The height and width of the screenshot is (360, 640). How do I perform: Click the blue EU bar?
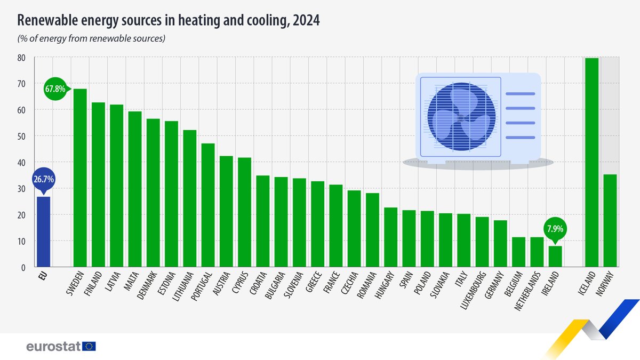click(x=43, y=231)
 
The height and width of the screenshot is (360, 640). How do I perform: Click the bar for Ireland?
click(x=555, y=256)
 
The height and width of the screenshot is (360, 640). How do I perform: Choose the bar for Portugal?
click(x=208, y=205)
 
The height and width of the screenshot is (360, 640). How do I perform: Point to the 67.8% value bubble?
click(x=55, y=89)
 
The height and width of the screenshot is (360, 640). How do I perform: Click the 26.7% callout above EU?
click(x=43, y=180)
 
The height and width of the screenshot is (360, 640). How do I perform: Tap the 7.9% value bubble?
click(x=555, y=229)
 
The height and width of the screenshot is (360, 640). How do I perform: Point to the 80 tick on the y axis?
click(x=21, y=57)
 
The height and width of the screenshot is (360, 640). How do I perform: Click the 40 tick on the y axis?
click(x=21, y=162)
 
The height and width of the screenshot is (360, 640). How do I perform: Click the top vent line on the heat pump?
click(x=520, y=94)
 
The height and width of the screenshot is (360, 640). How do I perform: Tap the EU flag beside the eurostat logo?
click(x=89, y=347)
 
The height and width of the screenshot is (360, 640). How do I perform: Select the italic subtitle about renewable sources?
click(x=92, y=38)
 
